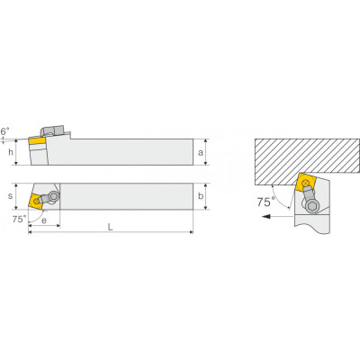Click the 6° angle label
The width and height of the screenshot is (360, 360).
4,131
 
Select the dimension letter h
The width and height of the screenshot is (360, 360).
11,152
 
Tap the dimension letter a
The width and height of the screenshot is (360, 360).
201,153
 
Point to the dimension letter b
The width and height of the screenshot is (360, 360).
201,196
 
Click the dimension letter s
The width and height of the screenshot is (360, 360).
11,196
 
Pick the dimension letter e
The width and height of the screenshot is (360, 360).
44,220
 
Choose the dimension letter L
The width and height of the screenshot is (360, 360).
111,228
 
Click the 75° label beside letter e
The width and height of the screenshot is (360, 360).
20,220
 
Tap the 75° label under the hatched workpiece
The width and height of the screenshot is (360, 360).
265,202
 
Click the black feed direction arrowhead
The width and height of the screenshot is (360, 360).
265,216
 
